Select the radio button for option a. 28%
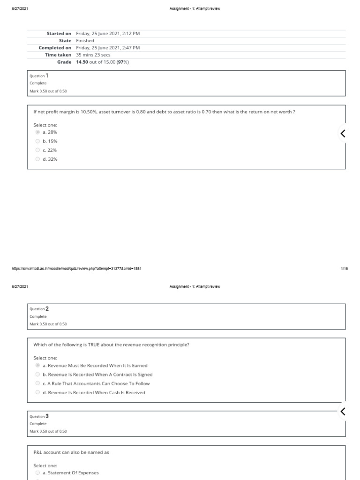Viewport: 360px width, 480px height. [37, 132]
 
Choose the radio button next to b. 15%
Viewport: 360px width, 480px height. [37, 141]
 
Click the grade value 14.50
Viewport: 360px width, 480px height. [82, 62]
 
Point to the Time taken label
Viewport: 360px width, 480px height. [58, 55]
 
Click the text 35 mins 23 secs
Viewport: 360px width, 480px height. [93, 55]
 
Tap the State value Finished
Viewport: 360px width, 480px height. [85, 41]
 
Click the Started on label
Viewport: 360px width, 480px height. [59, 34]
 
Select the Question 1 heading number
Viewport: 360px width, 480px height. [47, 75]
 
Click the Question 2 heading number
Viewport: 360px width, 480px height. [47, 309]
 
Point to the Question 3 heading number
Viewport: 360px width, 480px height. [47, 416]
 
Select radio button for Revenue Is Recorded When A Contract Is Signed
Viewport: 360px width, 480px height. [37, 375]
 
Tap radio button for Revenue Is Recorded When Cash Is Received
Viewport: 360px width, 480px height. [37, 392]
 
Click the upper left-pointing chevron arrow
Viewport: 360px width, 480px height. [343, 134]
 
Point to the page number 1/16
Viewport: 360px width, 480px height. [344, 269]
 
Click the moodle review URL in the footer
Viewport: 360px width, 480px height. [76, 269]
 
